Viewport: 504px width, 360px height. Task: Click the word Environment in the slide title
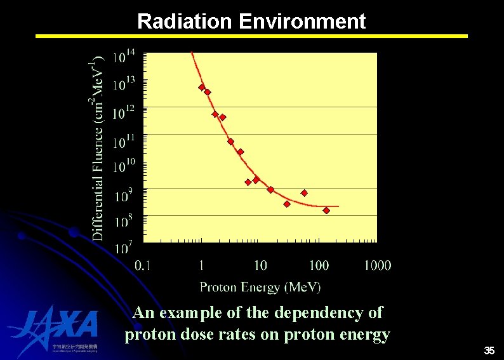point(302,22)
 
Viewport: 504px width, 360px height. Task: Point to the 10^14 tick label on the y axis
point(124,57)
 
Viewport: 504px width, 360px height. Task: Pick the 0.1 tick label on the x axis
point(143,265)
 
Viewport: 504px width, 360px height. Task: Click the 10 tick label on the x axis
point(260,265)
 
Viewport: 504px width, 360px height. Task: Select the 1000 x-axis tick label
point(377,265)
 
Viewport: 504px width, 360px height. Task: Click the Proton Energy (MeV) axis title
point(260,287)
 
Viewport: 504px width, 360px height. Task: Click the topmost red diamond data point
point(202,87)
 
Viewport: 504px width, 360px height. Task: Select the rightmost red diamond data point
point(326,210)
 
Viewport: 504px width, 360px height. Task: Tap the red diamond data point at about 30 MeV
point(287,204)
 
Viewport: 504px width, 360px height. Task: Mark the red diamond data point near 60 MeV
point(304,193)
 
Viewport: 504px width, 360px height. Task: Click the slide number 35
point(489,350)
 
